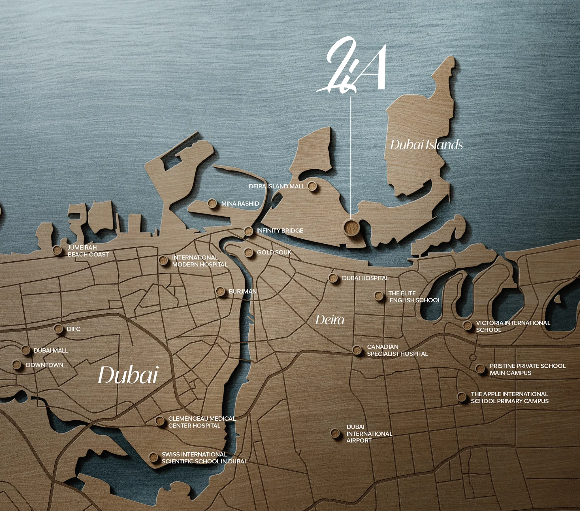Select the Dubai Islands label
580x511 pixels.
426,145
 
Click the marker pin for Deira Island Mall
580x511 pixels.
312,186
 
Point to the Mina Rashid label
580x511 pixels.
240,204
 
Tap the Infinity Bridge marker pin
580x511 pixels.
248,231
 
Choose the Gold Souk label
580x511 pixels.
274,252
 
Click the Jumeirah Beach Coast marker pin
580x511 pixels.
57,250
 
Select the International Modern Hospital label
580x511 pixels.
199,261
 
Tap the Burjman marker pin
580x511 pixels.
220,291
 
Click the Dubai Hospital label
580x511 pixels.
365,278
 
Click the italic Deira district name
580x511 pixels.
330,320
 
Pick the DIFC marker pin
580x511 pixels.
58,329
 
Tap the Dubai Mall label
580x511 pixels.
50,351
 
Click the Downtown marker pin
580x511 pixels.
17,365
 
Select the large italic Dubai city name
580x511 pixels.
128,375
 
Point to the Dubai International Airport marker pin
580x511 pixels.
335,433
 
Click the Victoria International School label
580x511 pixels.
513,327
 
